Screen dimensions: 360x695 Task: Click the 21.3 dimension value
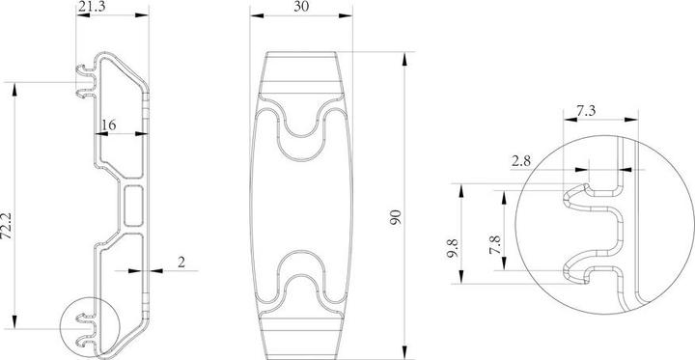[93, 9]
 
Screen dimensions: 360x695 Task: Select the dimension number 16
[109, 125]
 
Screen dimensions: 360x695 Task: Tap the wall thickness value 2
[181, 263]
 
